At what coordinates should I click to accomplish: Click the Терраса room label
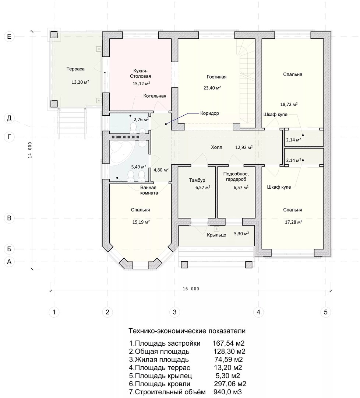(x=75, y=69)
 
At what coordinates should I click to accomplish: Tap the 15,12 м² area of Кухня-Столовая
(x=141, y=83)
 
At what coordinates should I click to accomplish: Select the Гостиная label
(x=216, y=77)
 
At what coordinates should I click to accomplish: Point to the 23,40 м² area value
(x=212, y=88)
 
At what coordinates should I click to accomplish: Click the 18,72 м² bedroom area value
(x=289, y=104)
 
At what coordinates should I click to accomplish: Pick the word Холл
(x=216, y=147)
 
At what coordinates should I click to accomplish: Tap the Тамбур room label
(x=197, y=180)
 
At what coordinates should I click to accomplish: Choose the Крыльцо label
(x=216, y=235)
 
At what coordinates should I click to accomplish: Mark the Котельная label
(x=155, y=96)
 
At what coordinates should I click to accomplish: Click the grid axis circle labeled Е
(x=9, y=36)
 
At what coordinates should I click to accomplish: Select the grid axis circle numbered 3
(x=174, y=312)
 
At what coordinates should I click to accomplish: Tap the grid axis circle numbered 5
(x=326, y=312)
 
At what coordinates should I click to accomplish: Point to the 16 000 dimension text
(x=191, y=289)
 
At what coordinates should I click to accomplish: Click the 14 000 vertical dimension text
(x=30, y=150)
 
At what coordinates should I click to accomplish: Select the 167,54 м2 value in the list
(x=229, y=343)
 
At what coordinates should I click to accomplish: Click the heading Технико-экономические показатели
(x=187, y=331)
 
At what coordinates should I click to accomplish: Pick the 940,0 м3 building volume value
(x=227, y=392)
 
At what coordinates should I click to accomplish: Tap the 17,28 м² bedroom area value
(x=293, y=222)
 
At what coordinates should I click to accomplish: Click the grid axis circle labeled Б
(x=9, y=249)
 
